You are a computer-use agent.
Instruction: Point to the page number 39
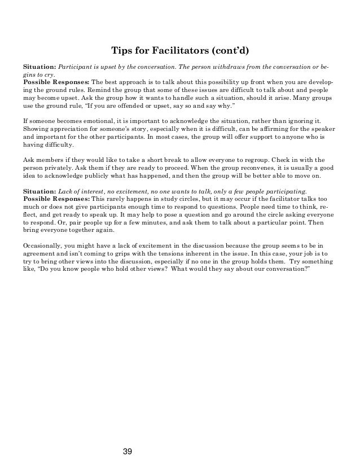[x=128, y=451]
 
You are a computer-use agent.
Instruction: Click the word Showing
[x=36, y=129]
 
